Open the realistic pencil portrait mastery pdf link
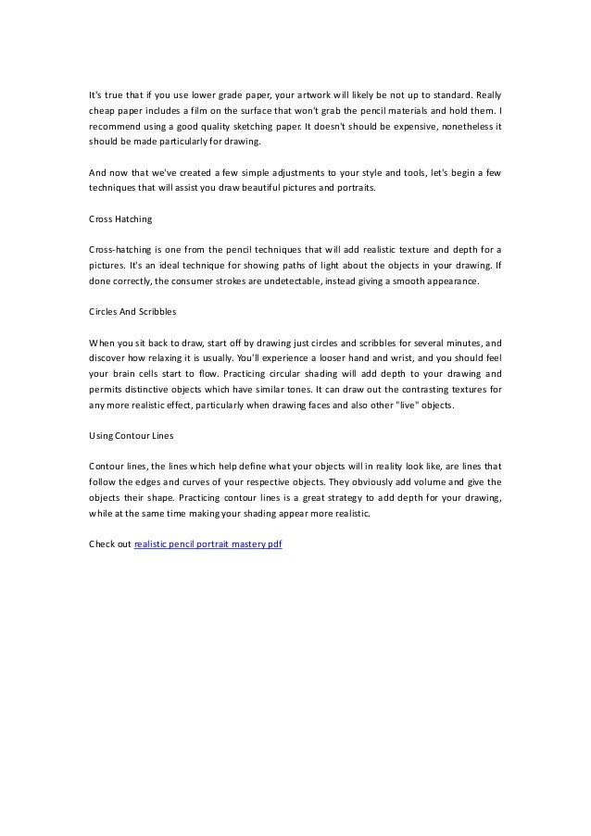[208, 543]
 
